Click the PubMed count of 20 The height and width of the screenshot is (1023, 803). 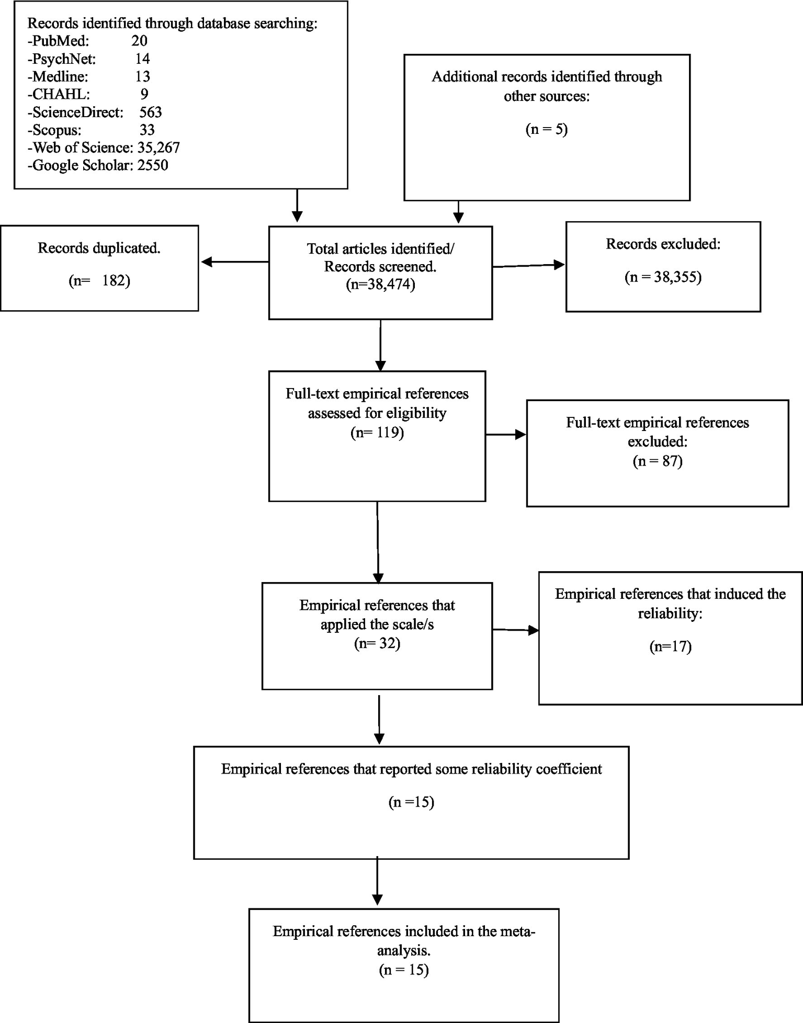[x=139, y=41]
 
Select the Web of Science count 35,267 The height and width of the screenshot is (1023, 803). [x=159, y=147]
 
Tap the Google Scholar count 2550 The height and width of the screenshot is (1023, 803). [x=153, y=165]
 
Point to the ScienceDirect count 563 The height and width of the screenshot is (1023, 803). [x=151, y=112]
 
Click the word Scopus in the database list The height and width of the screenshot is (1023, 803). [x=56, y=130]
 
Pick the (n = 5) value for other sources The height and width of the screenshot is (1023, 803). [x=546, y=129]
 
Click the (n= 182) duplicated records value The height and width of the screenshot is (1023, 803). [x=99, y=281]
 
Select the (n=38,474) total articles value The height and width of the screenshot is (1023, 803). [x=380, y=285]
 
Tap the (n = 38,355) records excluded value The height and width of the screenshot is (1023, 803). [x=663, y=277]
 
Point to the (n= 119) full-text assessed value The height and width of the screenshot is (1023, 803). [x=377, y=433]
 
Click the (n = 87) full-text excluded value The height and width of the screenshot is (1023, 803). [x=658, y=461]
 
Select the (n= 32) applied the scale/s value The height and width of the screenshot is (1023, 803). [x=377, y=643]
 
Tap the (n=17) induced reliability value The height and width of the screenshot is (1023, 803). [x=670, y=646]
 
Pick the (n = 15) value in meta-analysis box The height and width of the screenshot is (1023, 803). [x=403, y=970]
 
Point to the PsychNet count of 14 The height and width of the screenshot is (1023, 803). [x=142, y=59]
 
